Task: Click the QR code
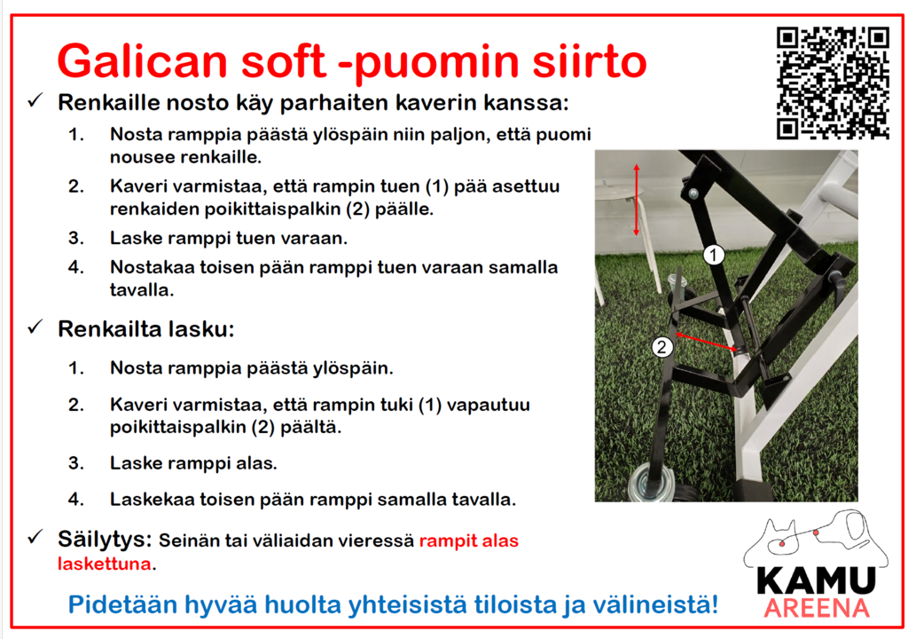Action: pos(833,83)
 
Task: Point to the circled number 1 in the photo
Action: pos(714,255)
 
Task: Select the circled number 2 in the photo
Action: pos(661,347)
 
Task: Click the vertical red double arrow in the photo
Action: pos(637,200)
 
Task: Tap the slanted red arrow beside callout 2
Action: pos(707,342)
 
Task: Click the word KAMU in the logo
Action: pos(816,580)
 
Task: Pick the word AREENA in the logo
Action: pos(817,608)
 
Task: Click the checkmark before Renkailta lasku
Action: pos(35,327)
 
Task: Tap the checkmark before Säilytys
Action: pos(35,537)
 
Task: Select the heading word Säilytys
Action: pos(105,540)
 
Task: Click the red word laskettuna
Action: pos(105,564)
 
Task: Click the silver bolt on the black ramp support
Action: pos(693,193)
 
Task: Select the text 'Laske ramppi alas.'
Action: pos(193,463)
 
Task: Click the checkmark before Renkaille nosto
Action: pos(35,101)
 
